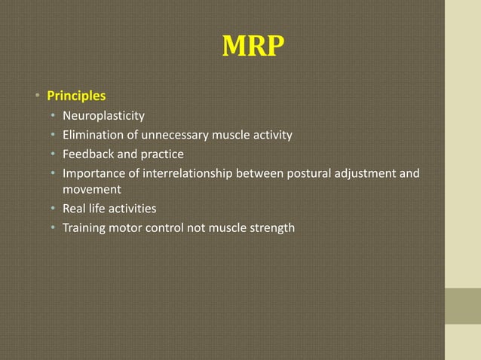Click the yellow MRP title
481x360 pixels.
[x=253, y=47]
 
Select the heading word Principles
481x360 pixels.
[x=76, y=96]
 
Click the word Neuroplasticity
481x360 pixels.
[x=103, y=117]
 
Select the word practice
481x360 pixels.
[x=158, y=154]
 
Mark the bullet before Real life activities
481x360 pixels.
[x=53, y=209]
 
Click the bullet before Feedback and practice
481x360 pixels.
[x=53, y=155]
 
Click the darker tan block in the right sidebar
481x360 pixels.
[x=462, y=306]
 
